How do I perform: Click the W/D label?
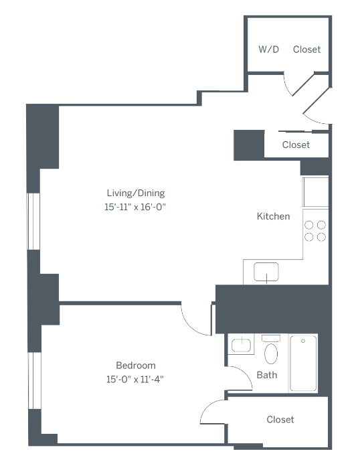pyautogui.click(x=268, y=50)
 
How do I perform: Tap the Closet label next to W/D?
pyautogui.click(x=306, y=50)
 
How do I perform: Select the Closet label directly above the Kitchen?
pyautogui.click(x=296, y=145)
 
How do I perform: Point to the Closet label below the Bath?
pyautogui.click(x=280, y=420)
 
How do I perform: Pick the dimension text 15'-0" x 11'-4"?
pyautogui.click(x=136, y=379)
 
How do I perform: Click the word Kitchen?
pyautogui.click(x=274, y=216)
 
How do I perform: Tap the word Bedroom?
pyautogui.click(x=136, y=366)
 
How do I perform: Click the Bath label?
pyautogui.click(x=267, y=375)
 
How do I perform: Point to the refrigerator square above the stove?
pyautogui.click(x=315, y=192)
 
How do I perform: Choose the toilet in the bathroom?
pyautogui.click(x=271, y=350)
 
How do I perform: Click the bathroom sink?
pyautogui.click(x=241, y=345)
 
